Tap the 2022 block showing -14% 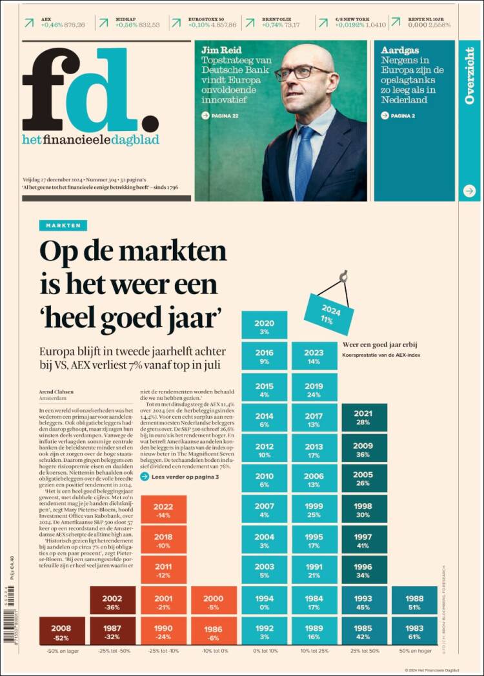pyautogui.click(x=163, y=510)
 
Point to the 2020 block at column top pyautogui.click(x=264, y=327)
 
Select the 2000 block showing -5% pyautogui.click(x=214, y=601)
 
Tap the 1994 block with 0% pyautogui.click(x=264, y=601)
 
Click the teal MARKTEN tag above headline pyautogui.click(x=63, y=225)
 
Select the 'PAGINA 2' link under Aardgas pyautogui.click(x=398, y=115)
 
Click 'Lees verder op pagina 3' pyautogui.click(x=185, y=477)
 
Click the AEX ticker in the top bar pyautogui.click(x=55, y=23)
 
